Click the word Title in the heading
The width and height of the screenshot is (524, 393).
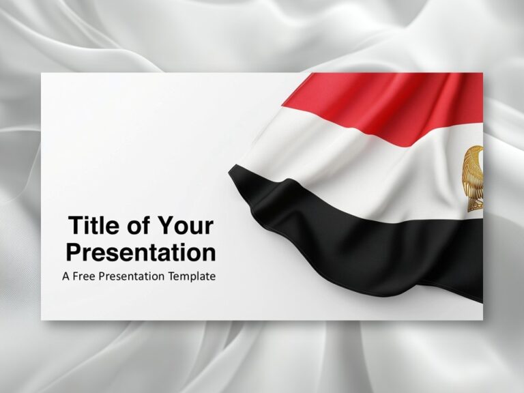pos(93,226)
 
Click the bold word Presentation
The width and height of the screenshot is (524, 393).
pos(141,252)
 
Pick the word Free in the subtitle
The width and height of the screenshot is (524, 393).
pos(85,276)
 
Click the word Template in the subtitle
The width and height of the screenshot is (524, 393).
pos(192,276)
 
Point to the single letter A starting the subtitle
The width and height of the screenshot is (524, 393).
pos(65,276)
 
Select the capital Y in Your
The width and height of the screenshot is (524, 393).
pos(166,226)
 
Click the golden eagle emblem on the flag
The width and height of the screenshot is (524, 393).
pos(474,177)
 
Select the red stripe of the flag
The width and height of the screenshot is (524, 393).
pos(382,102)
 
